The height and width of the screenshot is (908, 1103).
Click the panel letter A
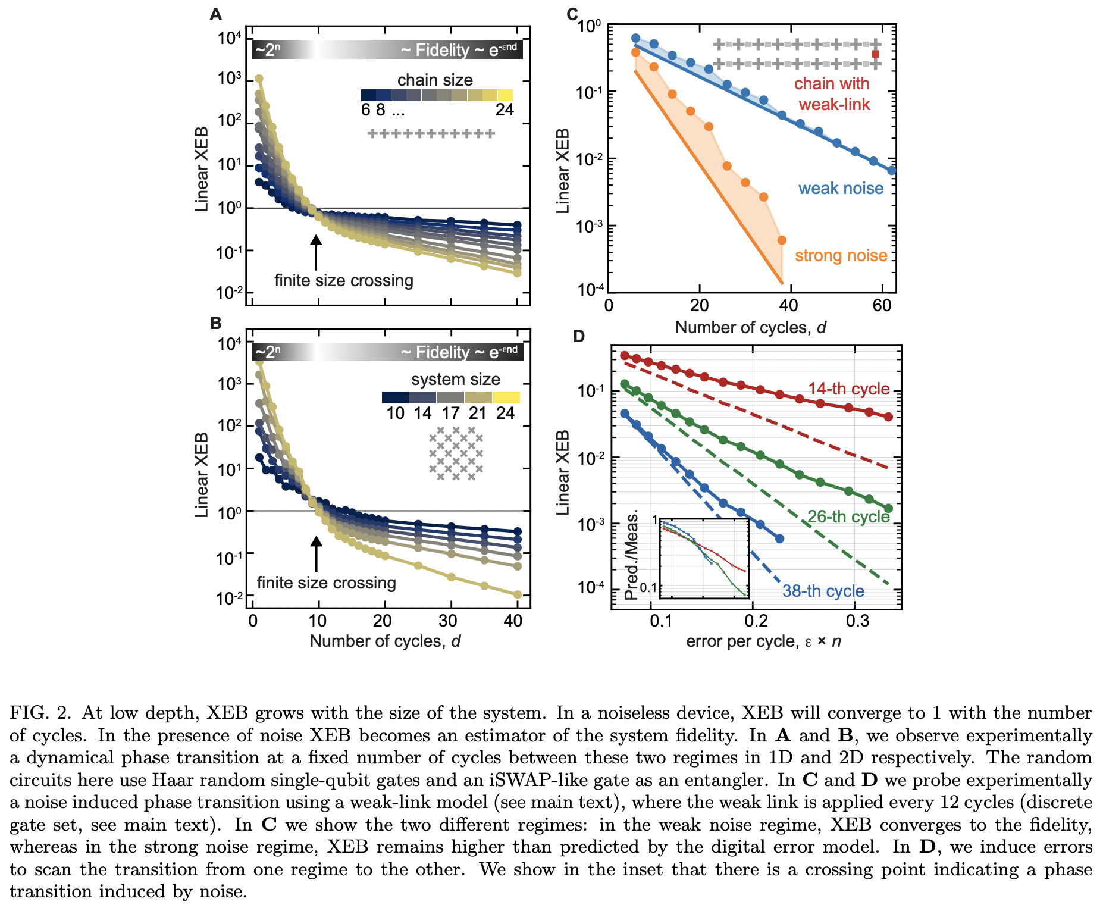[215, 14]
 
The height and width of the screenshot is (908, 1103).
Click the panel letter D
[579, 337]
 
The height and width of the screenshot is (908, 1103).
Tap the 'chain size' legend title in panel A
[435, 80]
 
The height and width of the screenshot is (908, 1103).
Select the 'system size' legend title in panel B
[455, 379]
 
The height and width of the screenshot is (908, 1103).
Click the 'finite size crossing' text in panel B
[326, 583]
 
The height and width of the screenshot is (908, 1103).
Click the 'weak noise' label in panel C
[841, 189]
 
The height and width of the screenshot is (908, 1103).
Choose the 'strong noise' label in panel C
[841, 256]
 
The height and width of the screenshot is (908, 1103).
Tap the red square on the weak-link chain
[875, 54]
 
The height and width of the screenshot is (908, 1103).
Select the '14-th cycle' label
[848, 389]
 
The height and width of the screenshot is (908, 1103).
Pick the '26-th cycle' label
[848, 516]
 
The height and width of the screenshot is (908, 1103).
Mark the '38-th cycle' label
[823, 591]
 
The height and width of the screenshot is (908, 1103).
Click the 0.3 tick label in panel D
[857, 621]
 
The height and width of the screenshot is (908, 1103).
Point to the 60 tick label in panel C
[882, 306]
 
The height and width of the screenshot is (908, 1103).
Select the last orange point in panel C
[782, 240]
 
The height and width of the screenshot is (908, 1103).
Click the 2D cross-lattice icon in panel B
[456, 453]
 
